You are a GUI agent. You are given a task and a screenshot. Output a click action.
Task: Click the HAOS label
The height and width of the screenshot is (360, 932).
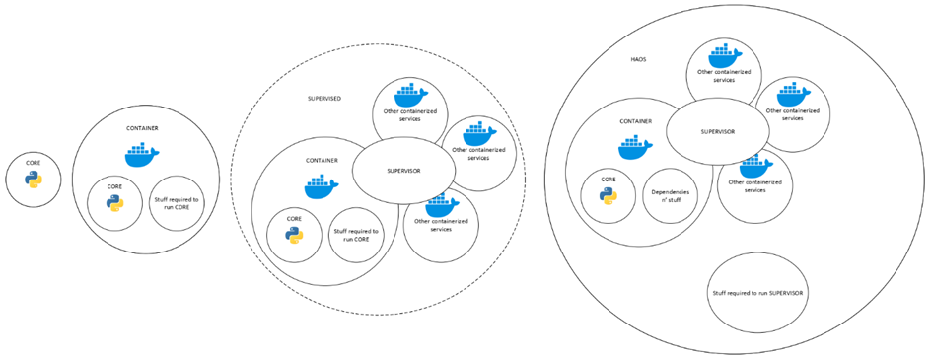[x=637, y=60]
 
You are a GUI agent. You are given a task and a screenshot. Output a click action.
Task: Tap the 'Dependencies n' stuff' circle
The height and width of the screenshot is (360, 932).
[x=670, y=195]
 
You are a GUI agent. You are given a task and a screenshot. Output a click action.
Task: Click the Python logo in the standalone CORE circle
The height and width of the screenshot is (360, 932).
[x=34, y=180]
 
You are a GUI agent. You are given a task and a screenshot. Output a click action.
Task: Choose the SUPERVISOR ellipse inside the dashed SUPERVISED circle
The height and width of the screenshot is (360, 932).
[x=403, y=171]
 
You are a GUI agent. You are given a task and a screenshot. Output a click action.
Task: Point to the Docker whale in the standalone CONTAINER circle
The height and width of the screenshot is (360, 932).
[x=142, y=155]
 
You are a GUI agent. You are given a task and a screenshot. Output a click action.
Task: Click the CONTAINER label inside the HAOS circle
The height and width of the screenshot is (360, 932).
[x=636, y=121]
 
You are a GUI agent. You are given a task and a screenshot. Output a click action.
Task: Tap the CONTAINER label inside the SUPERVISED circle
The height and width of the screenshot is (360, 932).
[x=322, y=160]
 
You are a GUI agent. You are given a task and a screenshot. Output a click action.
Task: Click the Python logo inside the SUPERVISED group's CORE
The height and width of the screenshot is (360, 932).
[x=294, y=236]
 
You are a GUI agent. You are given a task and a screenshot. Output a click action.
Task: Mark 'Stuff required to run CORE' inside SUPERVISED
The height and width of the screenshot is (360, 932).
[x=357, y=235]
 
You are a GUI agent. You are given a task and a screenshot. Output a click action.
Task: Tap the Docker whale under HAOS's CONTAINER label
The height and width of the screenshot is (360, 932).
[x=636, y=147]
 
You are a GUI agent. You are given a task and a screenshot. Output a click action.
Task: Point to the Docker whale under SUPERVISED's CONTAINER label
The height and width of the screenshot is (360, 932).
[x=322, y=186]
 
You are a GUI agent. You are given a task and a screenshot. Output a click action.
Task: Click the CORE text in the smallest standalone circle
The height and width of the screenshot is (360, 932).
[x=34, y=162]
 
